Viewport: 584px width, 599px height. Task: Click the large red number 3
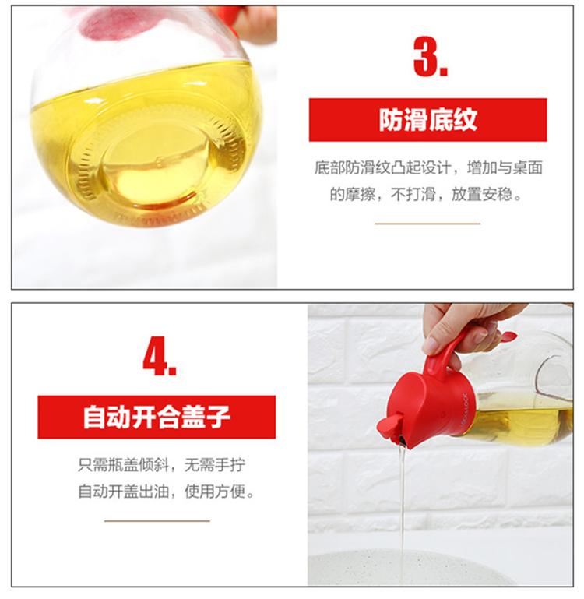pyautogui.click(x=430, y=57)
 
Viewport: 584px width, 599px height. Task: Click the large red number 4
pyautogui.click(x=160, y=356)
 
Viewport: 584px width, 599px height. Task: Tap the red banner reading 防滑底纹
pyautogui.click(x=427, y=120)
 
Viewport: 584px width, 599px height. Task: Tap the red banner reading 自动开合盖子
pyautogui.click(x=157, y=418)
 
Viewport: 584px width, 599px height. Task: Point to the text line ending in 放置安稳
pyautogui.click(x=425, y=195)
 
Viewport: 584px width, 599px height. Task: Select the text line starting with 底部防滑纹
pyautogui.click(x=428, y=167)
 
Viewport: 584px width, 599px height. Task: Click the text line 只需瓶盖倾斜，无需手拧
pyautogui.click(x=161, y=465)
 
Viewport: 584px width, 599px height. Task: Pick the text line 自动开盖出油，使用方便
pyautogui.click(x=166, y=492)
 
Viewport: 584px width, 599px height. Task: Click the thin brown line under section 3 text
pyautogui.click(x=427, y=224)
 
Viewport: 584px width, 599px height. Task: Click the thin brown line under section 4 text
pyautogui.click(x=157, y=520)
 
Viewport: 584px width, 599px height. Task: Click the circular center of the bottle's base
pyautogui.click(x=155, y=164)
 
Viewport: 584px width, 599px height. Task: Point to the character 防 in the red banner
pyautogui.click(x=391, y=120)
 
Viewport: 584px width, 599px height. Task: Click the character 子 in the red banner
pyautogui.click(x=219, y=418)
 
